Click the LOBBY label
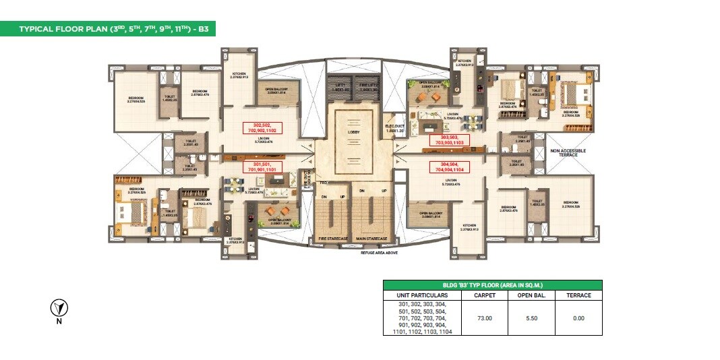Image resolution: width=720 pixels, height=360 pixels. [x=354, y=133]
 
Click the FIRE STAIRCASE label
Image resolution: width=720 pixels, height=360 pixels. [x=333, y=239]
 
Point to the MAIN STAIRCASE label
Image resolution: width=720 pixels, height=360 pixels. [x=371, y=239]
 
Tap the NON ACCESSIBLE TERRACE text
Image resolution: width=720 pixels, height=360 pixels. [x=568, y=152]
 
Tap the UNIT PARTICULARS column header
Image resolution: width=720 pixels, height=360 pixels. [x=420, y=295]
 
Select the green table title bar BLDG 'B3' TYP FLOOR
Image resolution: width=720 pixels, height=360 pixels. [x=492, y=285]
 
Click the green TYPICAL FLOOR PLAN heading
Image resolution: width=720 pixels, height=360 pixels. [x=108, y=29]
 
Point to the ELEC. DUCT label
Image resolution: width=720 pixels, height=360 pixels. [x=394, y=125]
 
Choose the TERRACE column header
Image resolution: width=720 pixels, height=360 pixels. [x=578, y=295]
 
